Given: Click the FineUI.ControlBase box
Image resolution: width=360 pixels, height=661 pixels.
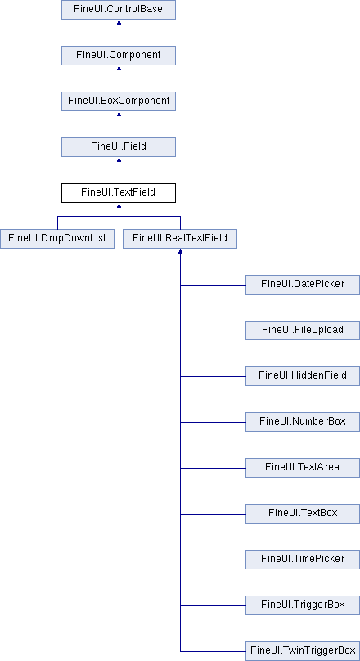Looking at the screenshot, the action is [119, 10].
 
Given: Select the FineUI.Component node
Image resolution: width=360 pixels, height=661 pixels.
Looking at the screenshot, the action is [119, 56].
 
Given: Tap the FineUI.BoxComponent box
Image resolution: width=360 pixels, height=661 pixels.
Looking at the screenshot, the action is [119, 101].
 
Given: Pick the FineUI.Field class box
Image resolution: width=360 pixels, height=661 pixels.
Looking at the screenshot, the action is [119, 147].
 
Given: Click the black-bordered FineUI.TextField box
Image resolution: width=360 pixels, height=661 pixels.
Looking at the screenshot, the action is [119, 192].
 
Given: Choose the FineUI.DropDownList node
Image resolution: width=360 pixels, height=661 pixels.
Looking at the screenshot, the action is [57, 239].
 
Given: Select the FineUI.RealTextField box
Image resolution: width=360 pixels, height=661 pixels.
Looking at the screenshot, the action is [180, 239].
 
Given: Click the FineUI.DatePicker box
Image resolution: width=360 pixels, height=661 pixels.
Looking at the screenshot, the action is [303, 285].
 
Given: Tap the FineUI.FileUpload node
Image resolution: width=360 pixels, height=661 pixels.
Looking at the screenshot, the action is [303, 330].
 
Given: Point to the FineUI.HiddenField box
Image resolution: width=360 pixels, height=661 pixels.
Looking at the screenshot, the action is [303, 376].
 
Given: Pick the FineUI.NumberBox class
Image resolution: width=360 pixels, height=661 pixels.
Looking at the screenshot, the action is [303, 422].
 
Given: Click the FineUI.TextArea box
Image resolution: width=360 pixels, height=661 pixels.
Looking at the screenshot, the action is [303, 467].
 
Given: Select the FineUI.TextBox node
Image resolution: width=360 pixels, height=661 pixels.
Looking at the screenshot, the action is [303, 514].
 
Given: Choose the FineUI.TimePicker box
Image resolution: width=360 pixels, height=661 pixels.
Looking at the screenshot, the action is [303, 560].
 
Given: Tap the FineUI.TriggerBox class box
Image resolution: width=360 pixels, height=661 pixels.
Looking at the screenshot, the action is [303, 605].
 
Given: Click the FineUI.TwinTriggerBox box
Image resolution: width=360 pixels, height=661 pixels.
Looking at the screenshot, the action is [303, 651].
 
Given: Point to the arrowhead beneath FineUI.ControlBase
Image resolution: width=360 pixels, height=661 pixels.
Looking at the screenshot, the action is [119, 22].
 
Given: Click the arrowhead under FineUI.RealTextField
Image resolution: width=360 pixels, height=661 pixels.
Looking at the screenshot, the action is [180, 251].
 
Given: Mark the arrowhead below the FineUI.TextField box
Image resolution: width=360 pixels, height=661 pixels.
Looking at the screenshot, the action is [119, 205].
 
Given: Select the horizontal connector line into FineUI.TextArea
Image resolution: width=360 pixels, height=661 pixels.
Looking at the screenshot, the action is [213, 468].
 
